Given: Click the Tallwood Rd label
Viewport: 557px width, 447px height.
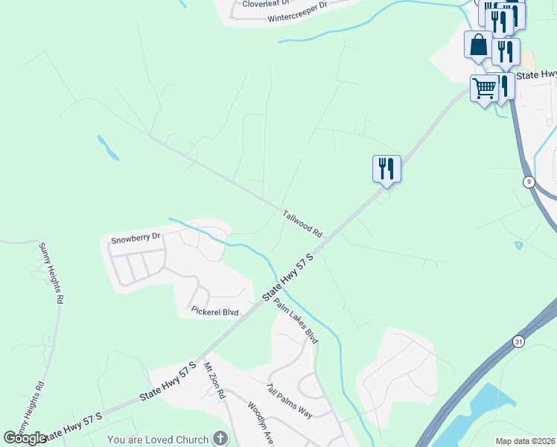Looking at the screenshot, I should [x=302, y=223].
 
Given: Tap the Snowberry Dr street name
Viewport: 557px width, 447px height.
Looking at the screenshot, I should [x=136, y=239].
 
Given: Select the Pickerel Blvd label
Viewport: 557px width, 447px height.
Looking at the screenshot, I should [x=214, y=311].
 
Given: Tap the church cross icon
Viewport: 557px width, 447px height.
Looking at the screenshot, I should [x=220, y=439].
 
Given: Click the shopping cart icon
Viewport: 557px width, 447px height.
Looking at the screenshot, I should [x=484, y=89].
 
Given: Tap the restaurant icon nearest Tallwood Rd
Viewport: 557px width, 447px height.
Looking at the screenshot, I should [x=386, y=168].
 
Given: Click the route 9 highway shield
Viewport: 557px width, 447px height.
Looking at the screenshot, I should [x=528, y=182].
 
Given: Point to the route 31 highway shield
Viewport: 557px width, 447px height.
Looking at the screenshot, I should [x=518, y=340].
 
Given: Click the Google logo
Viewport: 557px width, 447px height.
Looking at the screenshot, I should [x=24, y=438].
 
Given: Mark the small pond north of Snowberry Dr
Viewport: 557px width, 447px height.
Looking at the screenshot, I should [x=108, y=148].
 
